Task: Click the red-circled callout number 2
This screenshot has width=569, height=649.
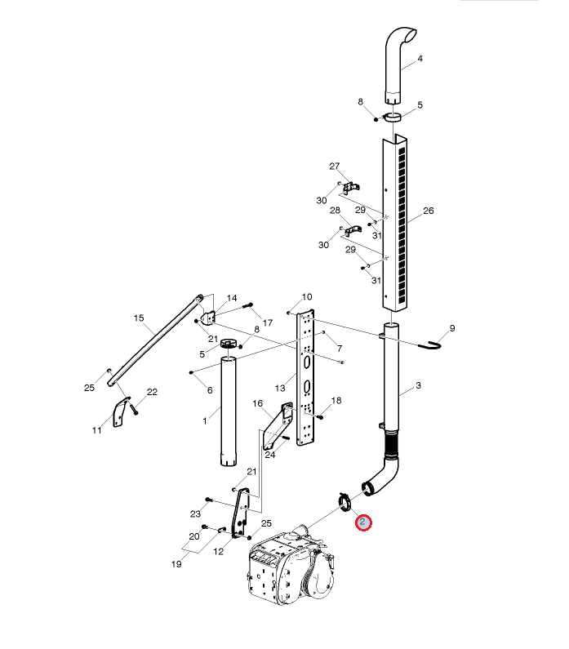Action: point(363,522)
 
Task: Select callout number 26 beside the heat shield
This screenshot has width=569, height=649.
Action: point(429,211)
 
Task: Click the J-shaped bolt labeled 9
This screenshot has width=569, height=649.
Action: point(430,345)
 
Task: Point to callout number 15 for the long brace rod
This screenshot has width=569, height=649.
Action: point(139,318)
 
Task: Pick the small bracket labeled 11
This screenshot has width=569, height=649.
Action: point(122,411)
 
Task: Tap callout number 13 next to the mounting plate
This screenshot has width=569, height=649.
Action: point(280,389)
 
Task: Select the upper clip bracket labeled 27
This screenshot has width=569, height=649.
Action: point(351,188)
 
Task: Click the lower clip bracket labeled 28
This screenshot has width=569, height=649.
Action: point(353,231)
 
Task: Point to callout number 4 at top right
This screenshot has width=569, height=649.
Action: point(420,58)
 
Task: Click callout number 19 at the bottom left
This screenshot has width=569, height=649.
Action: point(176,564)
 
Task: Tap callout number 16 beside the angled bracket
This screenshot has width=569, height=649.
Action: point(257,403)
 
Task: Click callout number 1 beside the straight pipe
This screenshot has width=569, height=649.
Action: point(205,421)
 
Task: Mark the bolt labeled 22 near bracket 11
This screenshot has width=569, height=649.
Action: point(134,409)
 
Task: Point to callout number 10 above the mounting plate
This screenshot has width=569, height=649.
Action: point(307,297)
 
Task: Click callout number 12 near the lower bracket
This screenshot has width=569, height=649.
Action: point(219,551)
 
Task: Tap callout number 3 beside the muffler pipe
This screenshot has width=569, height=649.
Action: point(418,385)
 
